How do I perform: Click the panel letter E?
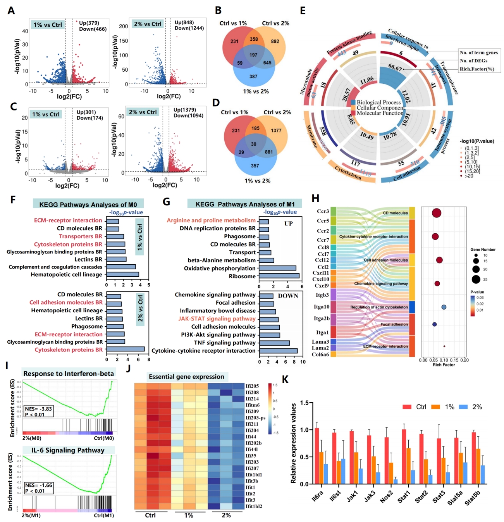click(303, 10)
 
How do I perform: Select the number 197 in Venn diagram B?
click(253, 55)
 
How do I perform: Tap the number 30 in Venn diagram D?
click(253, 144)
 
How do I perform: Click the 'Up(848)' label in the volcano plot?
click(184, 22)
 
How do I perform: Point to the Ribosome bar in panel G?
click(279, 276)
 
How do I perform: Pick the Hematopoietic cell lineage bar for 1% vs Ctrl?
click(122, 274)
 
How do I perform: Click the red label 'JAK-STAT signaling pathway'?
click(217, 319)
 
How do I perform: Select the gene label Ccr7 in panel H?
click(323, 240)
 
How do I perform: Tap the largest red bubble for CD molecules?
click(437, 213)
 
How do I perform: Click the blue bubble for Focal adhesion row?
click(435, 324)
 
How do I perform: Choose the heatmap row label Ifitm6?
click(253, 405)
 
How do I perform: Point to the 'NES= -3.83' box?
click(38, 412)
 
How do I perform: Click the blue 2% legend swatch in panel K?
click(463, 407)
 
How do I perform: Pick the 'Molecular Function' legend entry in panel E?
click(379, 113)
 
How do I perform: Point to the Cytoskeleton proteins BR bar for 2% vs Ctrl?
click(126, 349)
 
